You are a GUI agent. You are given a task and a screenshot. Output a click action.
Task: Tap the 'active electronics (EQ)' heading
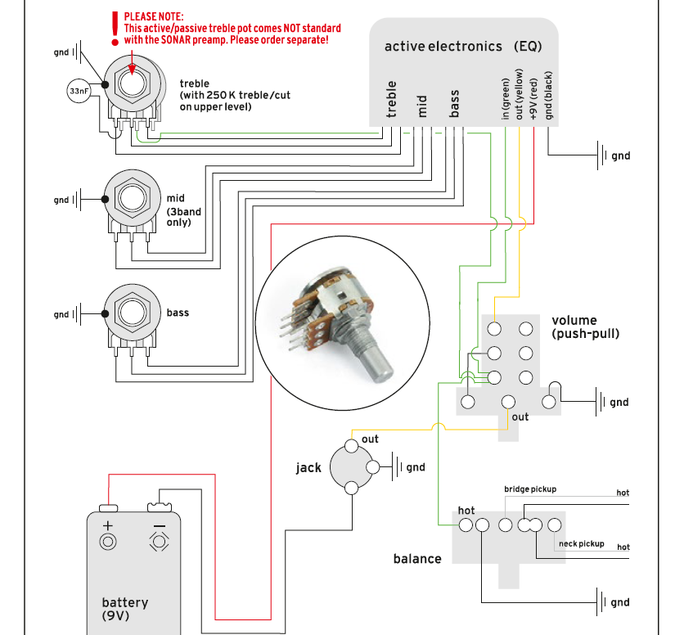click(462, 47)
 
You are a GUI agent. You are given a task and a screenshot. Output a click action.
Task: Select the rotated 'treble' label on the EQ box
click(392, 97)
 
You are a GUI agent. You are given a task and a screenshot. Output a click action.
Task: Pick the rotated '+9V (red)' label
click(533, 97)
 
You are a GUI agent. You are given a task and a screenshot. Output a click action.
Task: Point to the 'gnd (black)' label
click(549, 97)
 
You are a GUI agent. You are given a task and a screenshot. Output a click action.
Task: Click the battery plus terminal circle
click(107, 542)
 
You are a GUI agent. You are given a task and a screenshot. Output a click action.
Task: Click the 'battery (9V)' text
click(124, 608)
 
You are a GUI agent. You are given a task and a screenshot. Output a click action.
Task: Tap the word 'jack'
click(308, 468)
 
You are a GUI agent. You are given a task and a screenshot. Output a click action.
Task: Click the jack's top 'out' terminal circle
click(351, 446)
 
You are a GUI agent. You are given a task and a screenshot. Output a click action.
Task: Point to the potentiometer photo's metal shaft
click(378, 364)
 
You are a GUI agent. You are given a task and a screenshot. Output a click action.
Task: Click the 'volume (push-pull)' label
click(585, 327)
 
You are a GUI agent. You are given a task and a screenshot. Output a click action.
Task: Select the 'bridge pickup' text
click(529, 489)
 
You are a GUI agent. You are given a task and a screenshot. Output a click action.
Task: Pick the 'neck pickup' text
click(581, 544)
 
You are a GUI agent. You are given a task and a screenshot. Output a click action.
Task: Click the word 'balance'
click(417, 559)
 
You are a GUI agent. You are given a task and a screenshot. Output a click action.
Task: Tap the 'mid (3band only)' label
click(183, 210)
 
